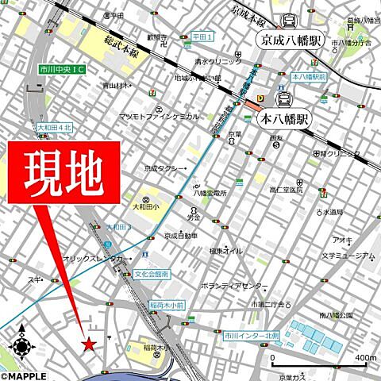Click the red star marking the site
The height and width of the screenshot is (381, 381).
89,344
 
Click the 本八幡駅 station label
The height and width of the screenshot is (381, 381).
284,121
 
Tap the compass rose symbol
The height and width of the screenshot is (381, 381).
21,345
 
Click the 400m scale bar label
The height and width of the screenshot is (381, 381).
364,337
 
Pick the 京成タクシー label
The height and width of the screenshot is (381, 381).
165,168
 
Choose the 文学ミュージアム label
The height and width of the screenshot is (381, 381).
346,256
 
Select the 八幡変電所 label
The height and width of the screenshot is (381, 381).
210,192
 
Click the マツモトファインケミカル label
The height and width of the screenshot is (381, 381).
159,116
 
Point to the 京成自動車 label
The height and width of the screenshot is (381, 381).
181,235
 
